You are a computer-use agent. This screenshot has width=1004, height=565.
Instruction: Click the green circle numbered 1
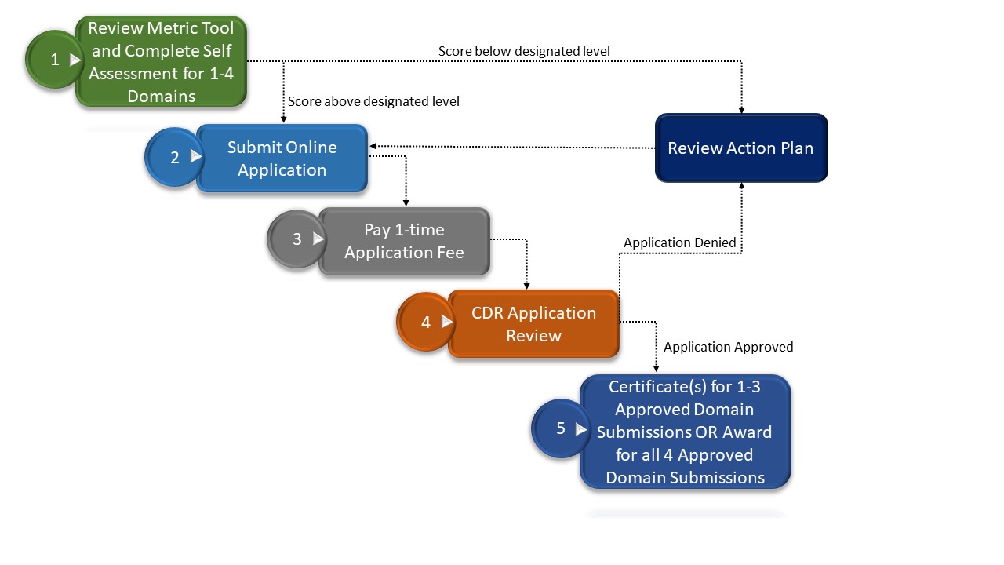pos(54,60)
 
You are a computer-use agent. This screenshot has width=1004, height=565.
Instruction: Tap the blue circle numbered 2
pos(174,157)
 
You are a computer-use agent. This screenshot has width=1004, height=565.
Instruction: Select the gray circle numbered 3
pos(296,239)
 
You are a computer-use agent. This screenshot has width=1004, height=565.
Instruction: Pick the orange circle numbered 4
pos(426,322)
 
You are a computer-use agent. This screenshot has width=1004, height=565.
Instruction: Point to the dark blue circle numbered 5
pos(560,428)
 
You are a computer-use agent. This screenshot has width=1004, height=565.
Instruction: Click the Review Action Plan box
pos(740,148)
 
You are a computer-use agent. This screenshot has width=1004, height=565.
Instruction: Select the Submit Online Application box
pos(282,159)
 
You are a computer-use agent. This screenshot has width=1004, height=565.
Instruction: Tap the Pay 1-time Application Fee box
pos(404,242)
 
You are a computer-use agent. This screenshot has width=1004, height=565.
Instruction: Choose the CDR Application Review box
pos(533,324)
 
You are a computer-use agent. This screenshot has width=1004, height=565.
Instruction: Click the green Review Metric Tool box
pos(161,62)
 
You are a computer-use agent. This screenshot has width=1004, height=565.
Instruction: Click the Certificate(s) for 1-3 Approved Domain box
pos(685,432)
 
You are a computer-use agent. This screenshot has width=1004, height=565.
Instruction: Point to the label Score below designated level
pos(524,51)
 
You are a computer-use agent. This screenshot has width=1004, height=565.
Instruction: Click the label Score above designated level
pos(373,101)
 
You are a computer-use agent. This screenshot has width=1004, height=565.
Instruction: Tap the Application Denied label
pos(679,242)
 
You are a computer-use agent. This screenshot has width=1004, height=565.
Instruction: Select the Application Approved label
pos(728,347)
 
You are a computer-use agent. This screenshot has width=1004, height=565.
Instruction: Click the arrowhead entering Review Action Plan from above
pos(741,110)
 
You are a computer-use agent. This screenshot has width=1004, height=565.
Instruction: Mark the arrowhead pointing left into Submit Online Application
pos(373,146)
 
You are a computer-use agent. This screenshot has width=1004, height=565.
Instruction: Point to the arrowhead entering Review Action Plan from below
pos(741,186)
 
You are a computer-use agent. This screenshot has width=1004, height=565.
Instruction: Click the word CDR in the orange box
pos(487,313)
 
